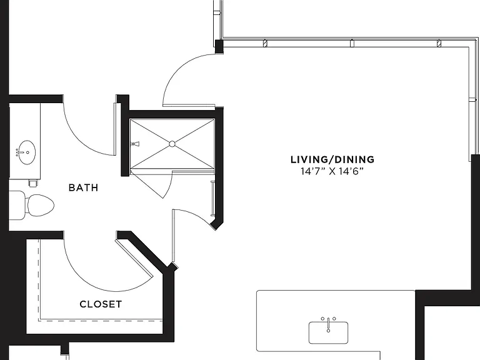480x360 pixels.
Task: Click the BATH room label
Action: [83, 187]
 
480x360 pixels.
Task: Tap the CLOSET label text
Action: [101, 304]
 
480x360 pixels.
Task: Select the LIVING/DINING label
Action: [332, 159]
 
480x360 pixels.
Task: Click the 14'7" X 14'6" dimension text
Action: [332, 171]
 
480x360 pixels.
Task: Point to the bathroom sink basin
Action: [26, 152]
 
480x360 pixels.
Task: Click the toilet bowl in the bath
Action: [41, 205]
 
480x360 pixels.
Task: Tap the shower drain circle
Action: [172, 144]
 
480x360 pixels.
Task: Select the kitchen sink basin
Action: [328, 332]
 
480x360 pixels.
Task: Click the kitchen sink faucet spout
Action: [329, 325]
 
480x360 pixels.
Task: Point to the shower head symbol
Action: [135, 144]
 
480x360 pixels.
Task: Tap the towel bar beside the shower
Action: [212, 199]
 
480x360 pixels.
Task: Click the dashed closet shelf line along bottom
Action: [101, 321]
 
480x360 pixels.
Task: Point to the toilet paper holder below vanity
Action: [33, 183]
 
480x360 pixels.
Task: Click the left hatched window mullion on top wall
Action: [266, 44]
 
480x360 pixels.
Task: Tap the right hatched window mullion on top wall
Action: [439, 44]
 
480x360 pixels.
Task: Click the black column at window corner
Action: [219, 47]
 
